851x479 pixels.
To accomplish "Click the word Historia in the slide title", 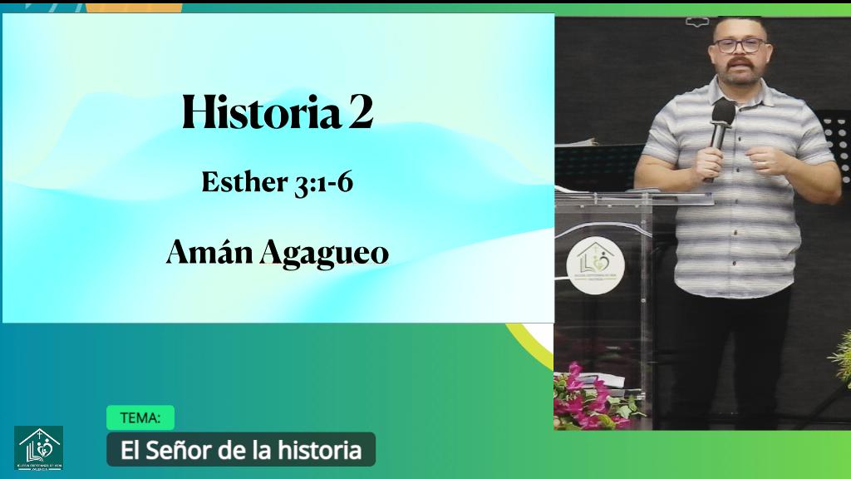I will tap(261, 113).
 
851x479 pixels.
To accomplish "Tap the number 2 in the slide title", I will tap(361, 113).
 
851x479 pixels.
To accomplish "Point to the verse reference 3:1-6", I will tap(323, 182).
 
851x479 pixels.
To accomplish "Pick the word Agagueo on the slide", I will tap(324, 253).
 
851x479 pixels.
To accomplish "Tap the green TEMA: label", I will tap(140, 417).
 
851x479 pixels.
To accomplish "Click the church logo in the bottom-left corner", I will tap(38, 447).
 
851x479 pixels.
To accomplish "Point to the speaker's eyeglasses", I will tap(739, 45).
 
